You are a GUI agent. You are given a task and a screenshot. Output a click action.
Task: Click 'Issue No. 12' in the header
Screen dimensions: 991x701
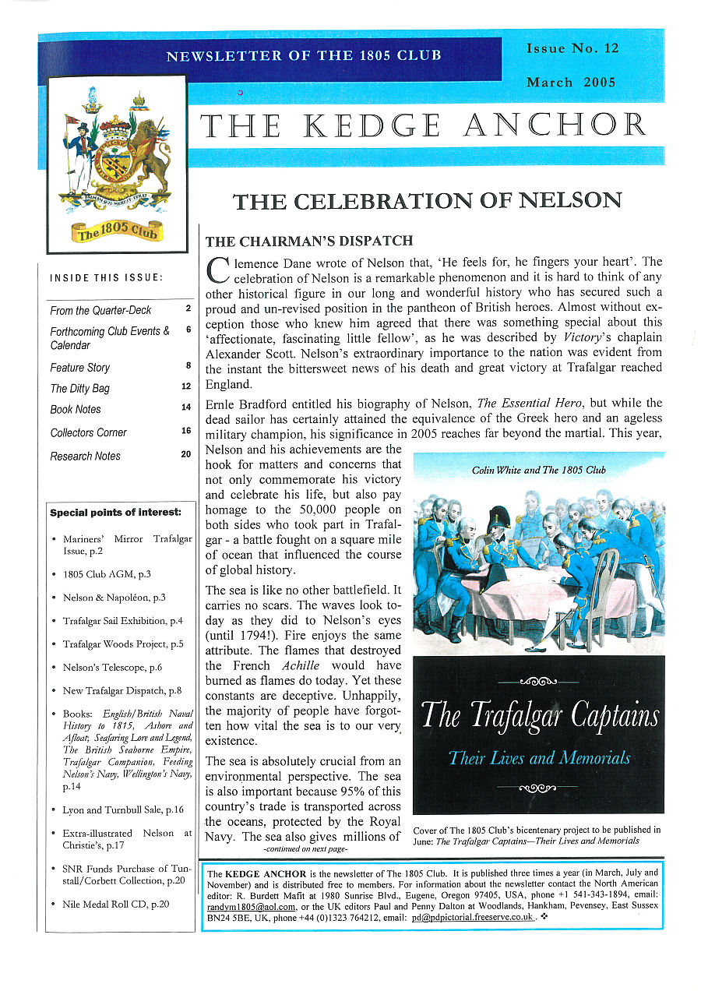(572, 48)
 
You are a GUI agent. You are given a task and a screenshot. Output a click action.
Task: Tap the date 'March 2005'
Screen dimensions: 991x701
(571, 83)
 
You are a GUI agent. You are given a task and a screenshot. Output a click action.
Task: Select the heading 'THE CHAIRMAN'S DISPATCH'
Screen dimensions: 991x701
(308, 242)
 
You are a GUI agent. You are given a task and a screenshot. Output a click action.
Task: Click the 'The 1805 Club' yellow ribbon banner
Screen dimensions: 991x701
(117, 231)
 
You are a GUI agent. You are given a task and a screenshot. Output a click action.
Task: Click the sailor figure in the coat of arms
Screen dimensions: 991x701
(80, 153)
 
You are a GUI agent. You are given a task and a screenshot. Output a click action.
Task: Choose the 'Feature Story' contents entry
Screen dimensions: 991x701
(80, 368)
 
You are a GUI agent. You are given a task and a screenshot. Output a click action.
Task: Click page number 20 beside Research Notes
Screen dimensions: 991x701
(186, 454)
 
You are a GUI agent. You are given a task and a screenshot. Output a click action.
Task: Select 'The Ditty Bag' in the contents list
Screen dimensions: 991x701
(80, 389)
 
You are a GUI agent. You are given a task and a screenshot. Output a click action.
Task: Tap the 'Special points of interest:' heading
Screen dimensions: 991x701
(115, 513)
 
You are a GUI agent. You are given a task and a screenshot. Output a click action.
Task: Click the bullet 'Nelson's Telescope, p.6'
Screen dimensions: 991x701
(112, 668)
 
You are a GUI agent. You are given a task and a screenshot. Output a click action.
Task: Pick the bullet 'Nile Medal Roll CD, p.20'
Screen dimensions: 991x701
(115, 905)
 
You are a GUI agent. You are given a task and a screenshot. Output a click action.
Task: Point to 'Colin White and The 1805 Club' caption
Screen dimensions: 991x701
(538, 471)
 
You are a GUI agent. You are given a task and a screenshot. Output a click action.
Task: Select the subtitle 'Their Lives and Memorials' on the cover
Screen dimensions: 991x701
(539, 757)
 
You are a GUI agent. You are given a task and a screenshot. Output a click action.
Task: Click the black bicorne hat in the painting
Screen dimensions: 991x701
(498, 518)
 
